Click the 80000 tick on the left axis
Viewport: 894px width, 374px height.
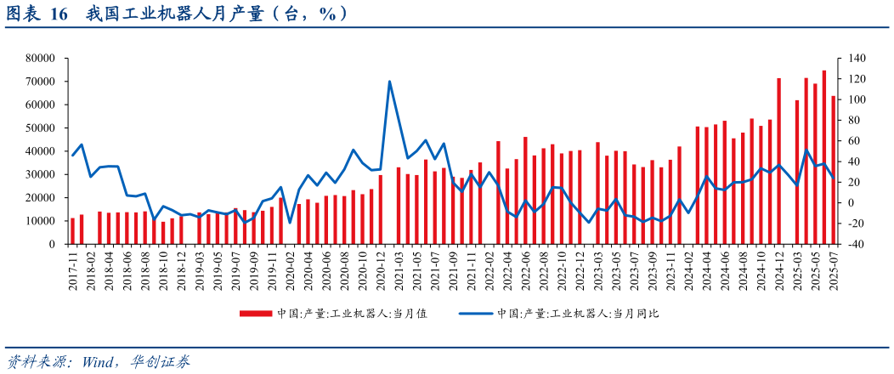pos(41,59)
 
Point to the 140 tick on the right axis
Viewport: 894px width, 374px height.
pos(852,59)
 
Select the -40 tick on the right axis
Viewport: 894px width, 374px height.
pos(852,245)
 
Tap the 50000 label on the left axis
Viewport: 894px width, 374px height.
pos(41,128)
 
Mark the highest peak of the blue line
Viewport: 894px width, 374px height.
pos(389,82)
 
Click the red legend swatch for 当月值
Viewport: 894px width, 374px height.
pos(255,314)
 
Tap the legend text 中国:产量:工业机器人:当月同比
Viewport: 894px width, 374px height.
pos(578,314)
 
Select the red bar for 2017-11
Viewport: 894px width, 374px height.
pos(73,231)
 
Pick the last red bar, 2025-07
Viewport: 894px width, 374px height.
pos(833,170)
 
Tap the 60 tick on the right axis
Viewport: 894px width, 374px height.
pos(848,141)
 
